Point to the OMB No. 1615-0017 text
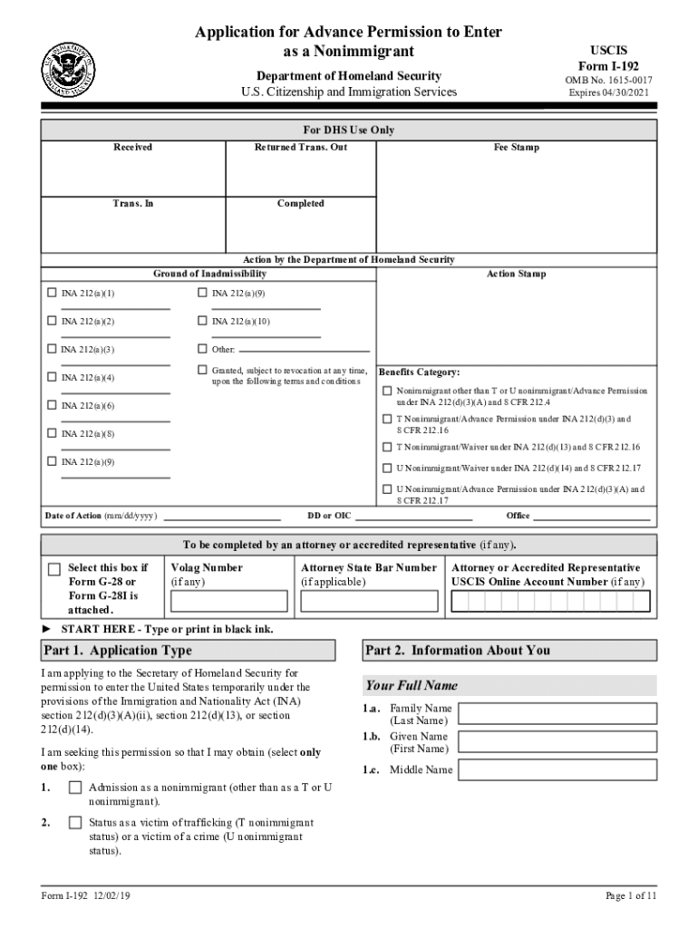pos(608,80)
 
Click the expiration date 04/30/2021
pos(608,92)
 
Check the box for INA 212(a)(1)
pos(52,294)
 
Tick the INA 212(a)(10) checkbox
pos(202,321)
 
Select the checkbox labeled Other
pos(202,349)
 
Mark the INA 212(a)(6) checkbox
pos(52,405)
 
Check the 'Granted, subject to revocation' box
pos(202,371)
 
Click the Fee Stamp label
pos(516,147)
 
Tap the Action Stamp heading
pos(516,274)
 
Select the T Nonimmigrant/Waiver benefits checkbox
pos(387,447)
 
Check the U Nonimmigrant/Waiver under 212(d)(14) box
pos(387,468)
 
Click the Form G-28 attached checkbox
pos(54,569)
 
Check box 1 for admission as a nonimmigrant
pos(75,788)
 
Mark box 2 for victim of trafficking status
pos(75,823)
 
